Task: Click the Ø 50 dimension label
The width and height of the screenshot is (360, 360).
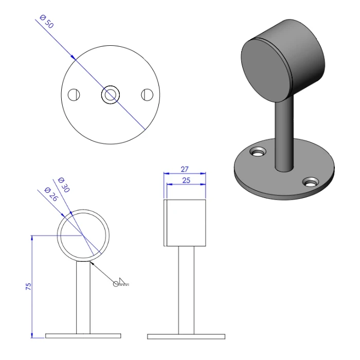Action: [x=45, y=22]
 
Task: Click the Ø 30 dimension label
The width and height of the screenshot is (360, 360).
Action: [x=64, y=185]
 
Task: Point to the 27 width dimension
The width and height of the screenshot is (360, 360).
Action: [x=185, y=169]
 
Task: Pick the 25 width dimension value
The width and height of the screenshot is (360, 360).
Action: [x=185, y=180]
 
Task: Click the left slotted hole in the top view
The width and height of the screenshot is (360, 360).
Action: [x=75, y=95]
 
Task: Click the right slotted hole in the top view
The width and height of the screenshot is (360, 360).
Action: [x=147, y=95]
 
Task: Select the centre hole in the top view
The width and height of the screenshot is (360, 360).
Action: [x=111, y=95]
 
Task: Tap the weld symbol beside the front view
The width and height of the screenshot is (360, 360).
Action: [x=121, y=281]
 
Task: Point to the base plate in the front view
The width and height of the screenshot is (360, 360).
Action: [x=83, y=336]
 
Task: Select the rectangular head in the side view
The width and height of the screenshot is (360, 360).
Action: [x=185, y=222]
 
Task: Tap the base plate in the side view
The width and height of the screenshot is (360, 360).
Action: [x=186, y=336]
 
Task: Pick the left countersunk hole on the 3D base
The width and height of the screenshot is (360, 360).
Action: [x=258, y=152]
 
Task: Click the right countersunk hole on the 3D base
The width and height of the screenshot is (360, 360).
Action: [x=311, y=182]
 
